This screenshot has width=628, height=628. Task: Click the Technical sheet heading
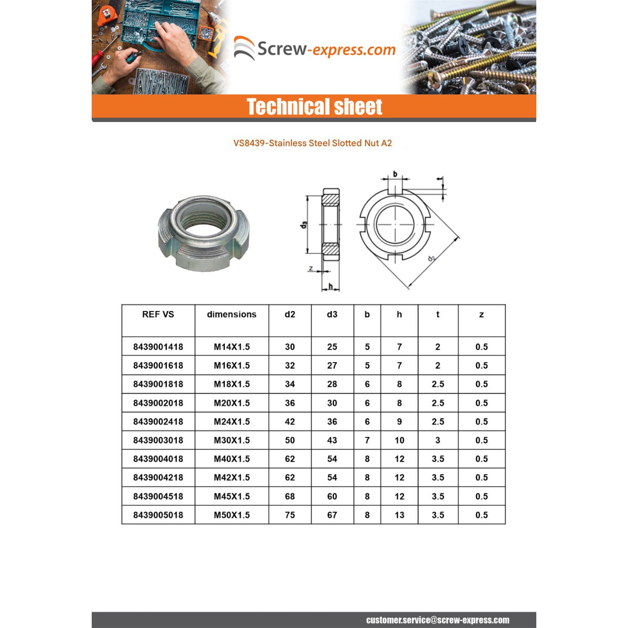(314, 107)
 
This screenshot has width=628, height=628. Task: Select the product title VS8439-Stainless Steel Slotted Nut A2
(312, 143)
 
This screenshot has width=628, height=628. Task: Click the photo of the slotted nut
(204, 233)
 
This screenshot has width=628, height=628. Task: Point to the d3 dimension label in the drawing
(304, 225)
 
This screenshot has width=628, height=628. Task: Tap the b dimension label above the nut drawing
(395, 174)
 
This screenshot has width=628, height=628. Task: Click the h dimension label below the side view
(331, 286)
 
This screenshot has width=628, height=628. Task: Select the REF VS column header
(158, 314)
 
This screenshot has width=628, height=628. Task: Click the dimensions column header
(232, 314)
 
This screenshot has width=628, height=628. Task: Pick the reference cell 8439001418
(158, 347)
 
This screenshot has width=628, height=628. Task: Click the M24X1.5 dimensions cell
(232, 422)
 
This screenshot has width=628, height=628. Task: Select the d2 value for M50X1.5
(290, 515)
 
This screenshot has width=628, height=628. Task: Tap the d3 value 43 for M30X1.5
(332, 440)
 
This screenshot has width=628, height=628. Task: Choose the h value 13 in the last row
(399, 515)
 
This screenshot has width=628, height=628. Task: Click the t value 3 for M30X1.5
(438, 440)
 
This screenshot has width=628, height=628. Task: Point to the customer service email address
(438, 620)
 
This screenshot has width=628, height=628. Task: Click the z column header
(481, 314)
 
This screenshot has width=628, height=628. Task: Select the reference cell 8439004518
(158, 496)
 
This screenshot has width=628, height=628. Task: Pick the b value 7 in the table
(367, 440)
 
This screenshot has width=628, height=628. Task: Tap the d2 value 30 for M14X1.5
(290, 347)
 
